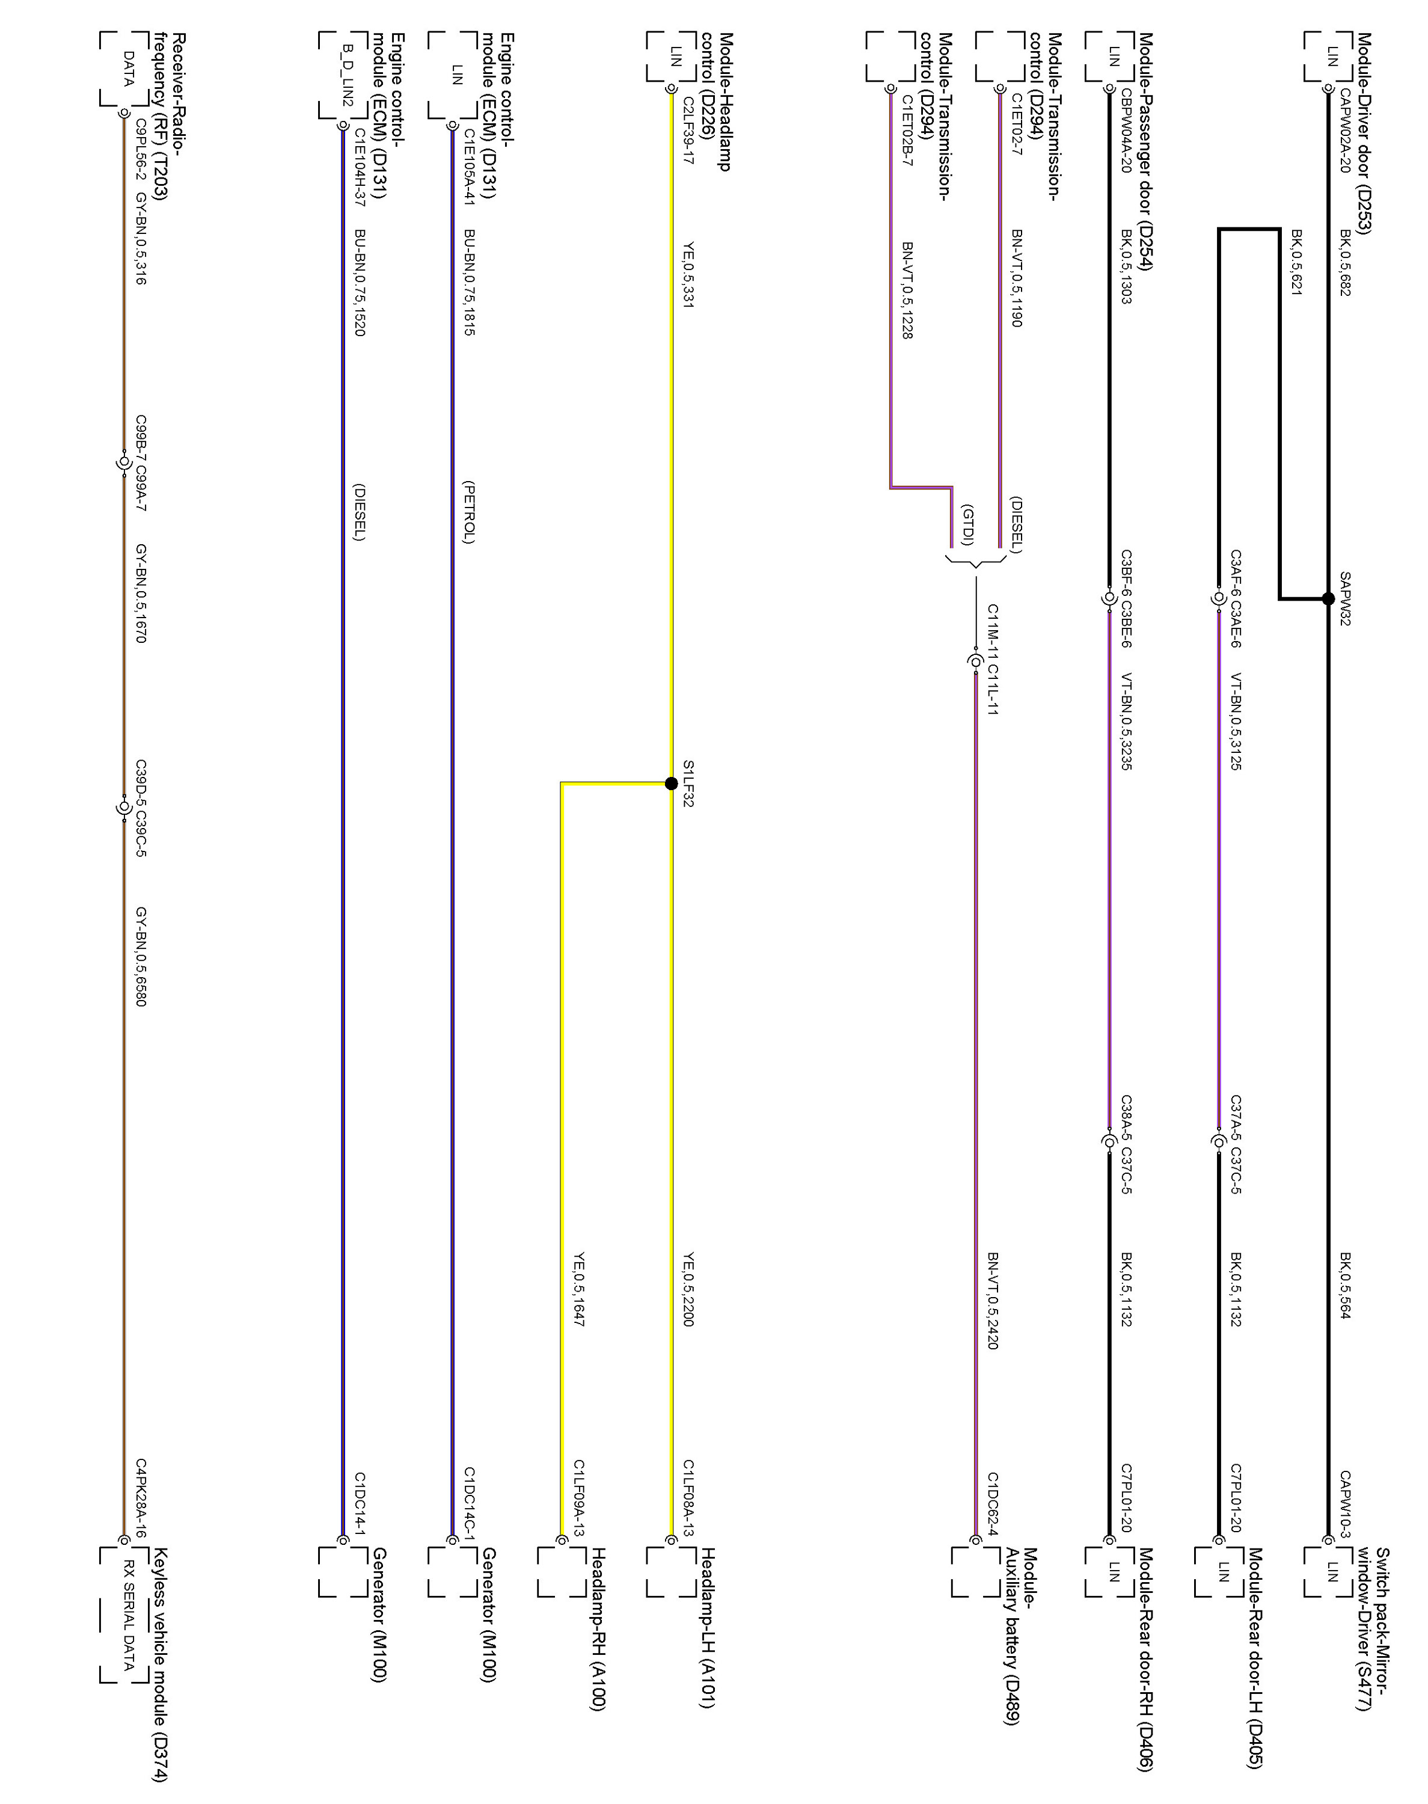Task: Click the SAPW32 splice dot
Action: (1328, 598)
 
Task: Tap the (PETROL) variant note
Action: (469, 512)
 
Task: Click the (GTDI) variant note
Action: (967, 525)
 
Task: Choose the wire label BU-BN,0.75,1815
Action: (469, 283)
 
